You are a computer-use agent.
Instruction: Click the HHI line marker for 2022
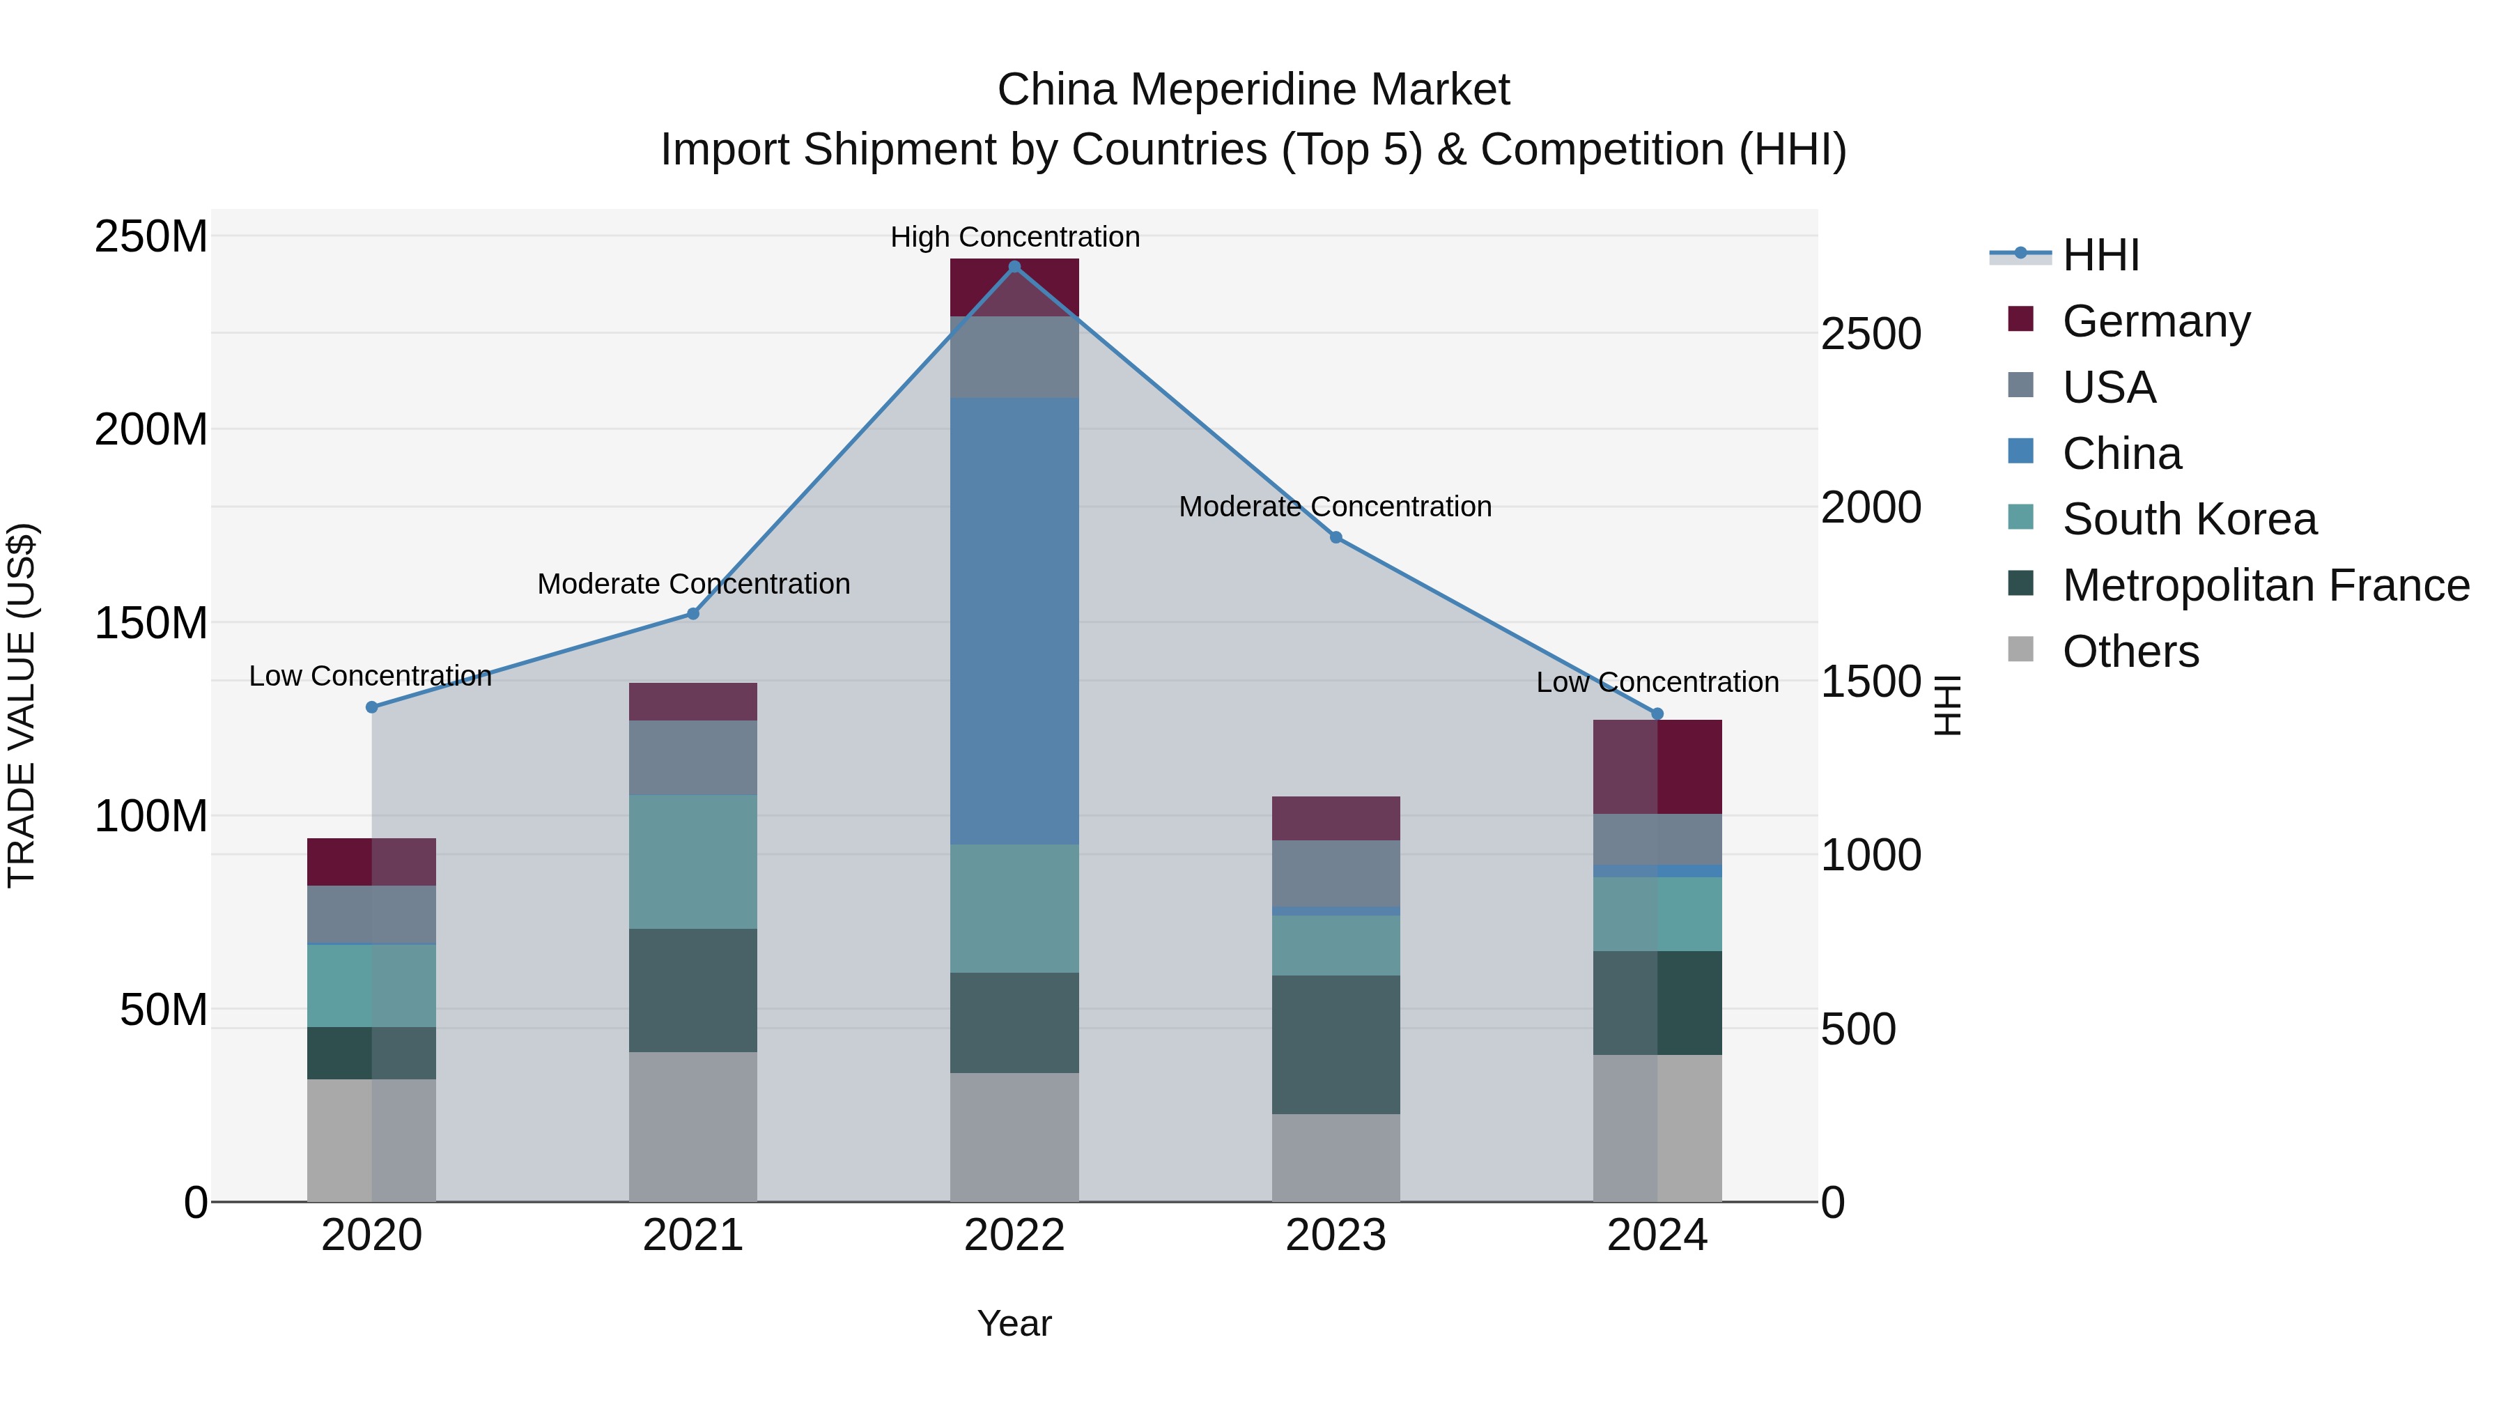point(1014,267)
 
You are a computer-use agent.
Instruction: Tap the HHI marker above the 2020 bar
point(372,707)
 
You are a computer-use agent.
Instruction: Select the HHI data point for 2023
point(1336,537)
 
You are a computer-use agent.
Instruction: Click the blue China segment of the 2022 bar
point(1014,620)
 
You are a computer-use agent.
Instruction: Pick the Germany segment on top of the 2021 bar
point(693,701)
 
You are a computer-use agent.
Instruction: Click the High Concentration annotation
point(1014,237)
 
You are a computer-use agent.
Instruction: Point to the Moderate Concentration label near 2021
point(693,585)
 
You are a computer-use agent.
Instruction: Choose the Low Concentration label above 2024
point(1657,683)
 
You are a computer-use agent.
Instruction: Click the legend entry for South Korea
point(2189,519)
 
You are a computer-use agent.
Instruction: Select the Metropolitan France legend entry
point(2265,585)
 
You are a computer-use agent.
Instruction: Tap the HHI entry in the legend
point(2100,255)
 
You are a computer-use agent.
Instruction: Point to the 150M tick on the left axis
point(151,623)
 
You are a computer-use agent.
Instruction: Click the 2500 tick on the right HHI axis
point(1871,334)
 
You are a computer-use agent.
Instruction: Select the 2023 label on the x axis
point(1336,1235)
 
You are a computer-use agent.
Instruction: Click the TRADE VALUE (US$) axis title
point(22,705)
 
